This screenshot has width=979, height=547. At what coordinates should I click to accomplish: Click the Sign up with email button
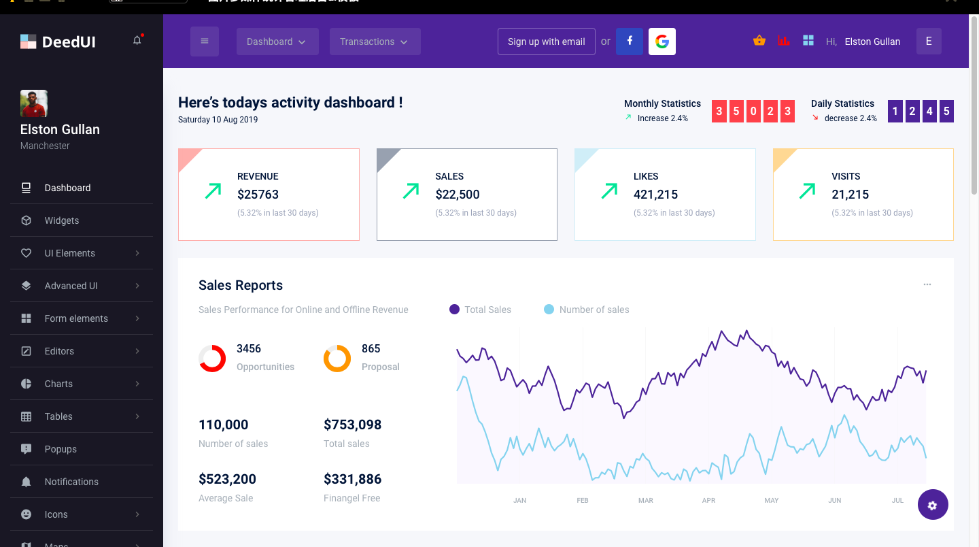tap(546, 42)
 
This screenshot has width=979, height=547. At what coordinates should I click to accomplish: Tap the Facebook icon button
tap(630, 42)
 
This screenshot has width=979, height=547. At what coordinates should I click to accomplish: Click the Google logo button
tap(662, 42)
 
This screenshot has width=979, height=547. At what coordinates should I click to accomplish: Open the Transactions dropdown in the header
tap(375, 42)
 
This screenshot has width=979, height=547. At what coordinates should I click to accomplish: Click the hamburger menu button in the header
tap(205, 42)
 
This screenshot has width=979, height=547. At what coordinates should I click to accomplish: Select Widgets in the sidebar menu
tap(62, 220)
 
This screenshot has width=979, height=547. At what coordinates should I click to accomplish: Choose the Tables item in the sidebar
tap(58, 416)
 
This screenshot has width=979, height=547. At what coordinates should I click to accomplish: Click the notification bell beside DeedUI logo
tap(137, 41)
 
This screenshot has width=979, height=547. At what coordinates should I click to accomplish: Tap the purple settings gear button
tap(933, 505)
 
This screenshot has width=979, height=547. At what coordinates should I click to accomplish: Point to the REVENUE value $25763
tap(258, 195)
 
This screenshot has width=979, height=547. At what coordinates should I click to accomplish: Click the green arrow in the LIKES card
tap(609, 191)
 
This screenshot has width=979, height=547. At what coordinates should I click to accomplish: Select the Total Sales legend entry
tap(487, 310)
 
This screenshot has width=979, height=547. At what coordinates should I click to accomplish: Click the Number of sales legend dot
tap(549, 310)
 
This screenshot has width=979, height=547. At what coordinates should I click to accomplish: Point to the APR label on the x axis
tap(708, 500)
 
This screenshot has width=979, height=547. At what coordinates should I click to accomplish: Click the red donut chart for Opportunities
tap(212, 358)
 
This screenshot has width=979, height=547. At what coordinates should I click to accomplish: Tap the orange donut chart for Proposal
tap(337, 358)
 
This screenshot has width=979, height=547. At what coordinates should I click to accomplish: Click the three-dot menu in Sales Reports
tap(927, 284)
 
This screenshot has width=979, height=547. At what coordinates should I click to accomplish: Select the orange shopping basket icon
tap(759, 41)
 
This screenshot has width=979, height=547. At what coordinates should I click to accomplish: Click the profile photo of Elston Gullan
tap(34, 103)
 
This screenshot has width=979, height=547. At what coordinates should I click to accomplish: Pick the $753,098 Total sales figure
tap(352, 425)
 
